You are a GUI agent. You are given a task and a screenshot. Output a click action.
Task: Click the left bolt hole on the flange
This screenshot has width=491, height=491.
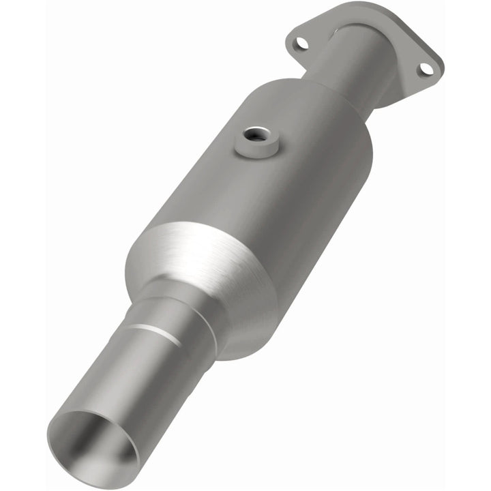coord(298,43)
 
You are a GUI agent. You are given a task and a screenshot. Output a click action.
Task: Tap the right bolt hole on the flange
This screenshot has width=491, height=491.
coord(424,68)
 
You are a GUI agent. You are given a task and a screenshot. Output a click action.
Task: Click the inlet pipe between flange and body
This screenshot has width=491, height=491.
coord(355,65)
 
